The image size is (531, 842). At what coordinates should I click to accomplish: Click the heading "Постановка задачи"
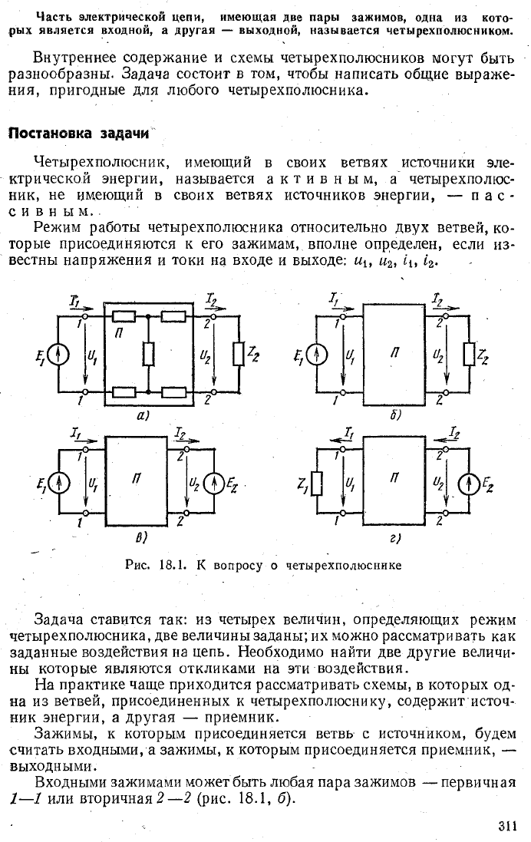(79, 134)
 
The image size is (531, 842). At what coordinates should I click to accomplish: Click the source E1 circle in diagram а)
(58, 355)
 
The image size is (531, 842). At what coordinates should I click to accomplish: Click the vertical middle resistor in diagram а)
(148, 354)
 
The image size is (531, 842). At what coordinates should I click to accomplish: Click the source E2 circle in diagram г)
(469, 484)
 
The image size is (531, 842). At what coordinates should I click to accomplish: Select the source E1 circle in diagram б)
(317, 355)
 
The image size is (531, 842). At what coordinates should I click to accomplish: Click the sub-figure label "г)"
(394, 539)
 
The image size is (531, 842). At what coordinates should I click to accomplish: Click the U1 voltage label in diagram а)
(91, 355)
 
